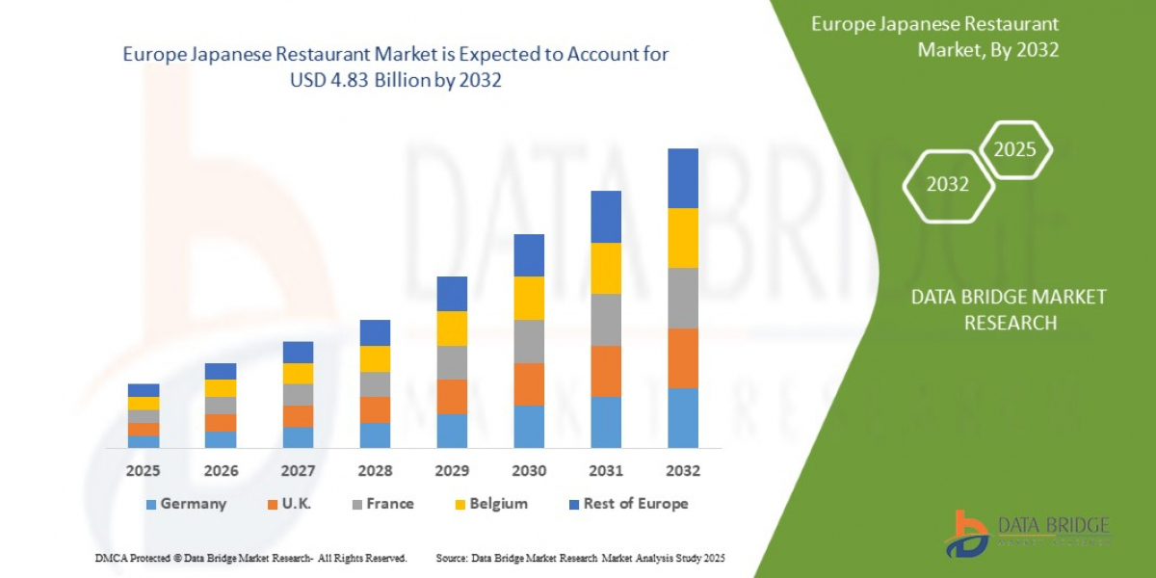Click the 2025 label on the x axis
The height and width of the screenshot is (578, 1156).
coord(144,471)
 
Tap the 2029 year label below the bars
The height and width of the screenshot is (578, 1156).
coord(452,471)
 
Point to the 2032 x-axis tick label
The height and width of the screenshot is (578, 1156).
coord(683,471)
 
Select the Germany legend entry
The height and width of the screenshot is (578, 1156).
coord(186,504)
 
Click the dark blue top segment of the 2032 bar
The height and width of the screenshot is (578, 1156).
coord(683,178)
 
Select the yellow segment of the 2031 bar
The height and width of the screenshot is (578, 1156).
coord(606,268)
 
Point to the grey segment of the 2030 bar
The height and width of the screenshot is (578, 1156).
coord(529,341)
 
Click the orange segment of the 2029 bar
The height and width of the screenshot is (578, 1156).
coord(452,396)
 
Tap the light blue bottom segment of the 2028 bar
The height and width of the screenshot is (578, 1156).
coord(375,435)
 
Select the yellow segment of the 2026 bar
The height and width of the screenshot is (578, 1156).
coord(221,387)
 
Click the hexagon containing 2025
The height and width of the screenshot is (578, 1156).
coord(1014,149)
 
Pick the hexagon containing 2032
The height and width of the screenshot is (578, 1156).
coord(948,184)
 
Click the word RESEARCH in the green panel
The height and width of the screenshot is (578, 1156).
coord(1009,323)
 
